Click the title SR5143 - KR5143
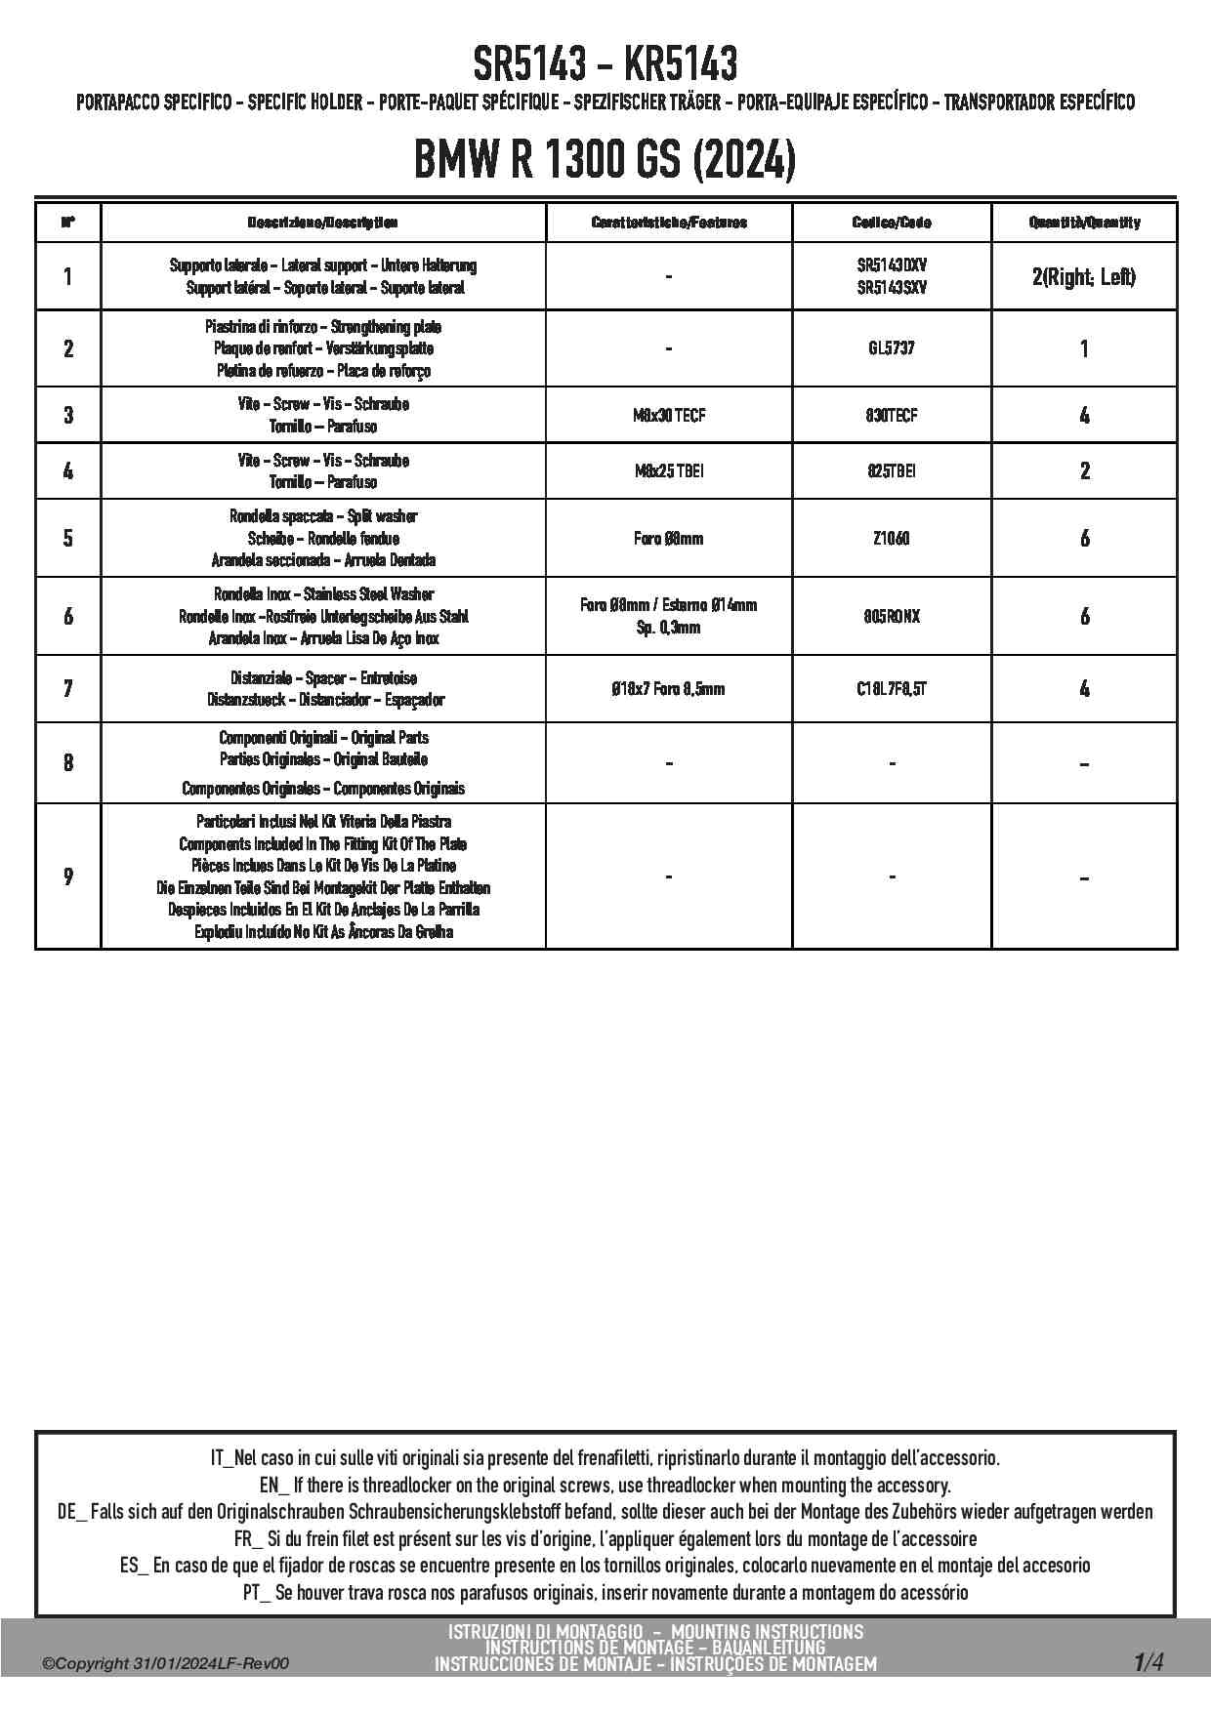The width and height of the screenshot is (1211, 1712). pyautogui.click(x=605, y=65)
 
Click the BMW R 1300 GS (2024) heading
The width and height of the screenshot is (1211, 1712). pyautogui.click(x=605, y=160)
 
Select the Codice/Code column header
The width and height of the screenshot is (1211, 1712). pyautogui.click(x=892, y=223)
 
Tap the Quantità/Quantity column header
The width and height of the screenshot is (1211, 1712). pyautogui.click(x=1084, y=223)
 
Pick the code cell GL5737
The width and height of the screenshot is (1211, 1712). pyautogui.click(x=892, y=348)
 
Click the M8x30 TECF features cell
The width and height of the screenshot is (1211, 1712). pyautogui.click(x=669, y=415)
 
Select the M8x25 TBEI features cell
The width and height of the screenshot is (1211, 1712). pyautogui.click(x=669, y=471)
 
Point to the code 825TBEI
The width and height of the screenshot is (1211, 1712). pyautogui.click(x=892, y=471)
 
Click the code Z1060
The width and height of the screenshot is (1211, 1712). pyautogui.click(x=892, y=538)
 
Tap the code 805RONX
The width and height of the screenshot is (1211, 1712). pyautogui.click(x=892, y=616)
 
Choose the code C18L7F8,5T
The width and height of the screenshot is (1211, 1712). pyautogui.click(x=892, y=689)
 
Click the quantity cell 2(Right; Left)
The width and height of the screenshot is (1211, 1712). pyautogui.click(x=1084, y=277)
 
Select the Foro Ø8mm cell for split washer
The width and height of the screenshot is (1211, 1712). pyautogui.click(x=669, y=538)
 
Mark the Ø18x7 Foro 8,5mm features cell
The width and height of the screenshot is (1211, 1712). pyautogui.click(x=669, y=689)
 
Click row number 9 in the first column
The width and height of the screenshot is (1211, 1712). pyautogui.click(x=67, y=876)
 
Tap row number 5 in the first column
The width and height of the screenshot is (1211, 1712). pyautogui.click(x=67, y=538)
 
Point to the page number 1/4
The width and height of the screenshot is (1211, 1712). pyautogui.click(x=1148, y=1661)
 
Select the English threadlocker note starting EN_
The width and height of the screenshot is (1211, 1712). pyautogui.click(x=605, y=1486)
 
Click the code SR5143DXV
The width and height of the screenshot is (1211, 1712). pyautogui.click(x=892, y=265)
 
